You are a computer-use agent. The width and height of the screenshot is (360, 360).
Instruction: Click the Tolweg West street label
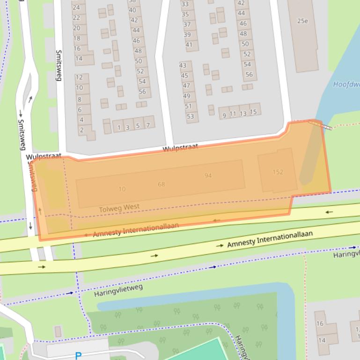tap(119, 208)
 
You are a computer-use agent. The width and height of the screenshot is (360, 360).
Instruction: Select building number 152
tap(278, 172)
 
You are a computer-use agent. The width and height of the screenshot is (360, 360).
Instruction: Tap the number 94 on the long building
tap(208, 176)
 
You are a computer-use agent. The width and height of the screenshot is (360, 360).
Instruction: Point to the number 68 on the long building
tap(161, 184)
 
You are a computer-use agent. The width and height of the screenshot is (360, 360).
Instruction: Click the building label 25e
tap(302, 21)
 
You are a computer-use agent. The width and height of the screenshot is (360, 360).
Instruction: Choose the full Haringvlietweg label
tap(118, 290)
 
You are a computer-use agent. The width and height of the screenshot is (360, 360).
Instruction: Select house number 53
tap(190, 116)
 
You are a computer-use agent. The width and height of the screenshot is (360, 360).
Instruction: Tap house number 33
tap(185, 4)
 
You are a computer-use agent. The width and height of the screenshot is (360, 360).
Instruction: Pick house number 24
tap(76, 7)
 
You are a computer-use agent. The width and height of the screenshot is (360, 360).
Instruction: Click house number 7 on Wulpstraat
tap(148, 125)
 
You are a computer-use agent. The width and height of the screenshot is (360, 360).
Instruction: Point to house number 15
tap(253, 112)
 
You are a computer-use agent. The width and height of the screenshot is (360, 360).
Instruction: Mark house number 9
tap(224, 115)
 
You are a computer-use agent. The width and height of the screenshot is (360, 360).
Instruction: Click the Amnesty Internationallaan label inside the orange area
tap(136, 230)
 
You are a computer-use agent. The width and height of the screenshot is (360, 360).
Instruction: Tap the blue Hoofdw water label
tap(346, 85)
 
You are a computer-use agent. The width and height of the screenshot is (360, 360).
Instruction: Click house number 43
tap(183, 65)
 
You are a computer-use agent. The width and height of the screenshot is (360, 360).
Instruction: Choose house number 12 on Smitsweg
tap(79, 77)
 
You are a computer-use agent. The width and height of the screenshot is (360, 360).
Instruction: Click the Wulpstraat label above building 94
tap(180, 148)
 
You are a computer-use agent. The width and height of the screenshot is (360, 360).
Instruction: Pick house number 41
tap(189, 45)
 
